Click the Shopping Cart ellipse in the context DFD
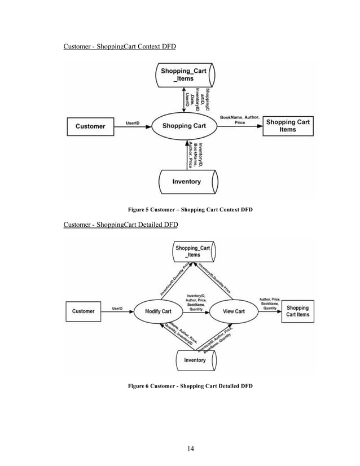[x=184, y=126]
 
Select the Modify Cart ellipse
[x=158, y=311]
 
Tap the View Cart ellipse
[x=233, y=311]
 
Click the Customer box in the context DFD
[x=90, y=126]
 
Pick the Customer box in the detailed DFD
[x=84, y=311]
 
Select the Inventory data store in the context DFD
[x=187, y=182]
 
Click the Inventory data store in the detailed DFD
[x=195, y=360]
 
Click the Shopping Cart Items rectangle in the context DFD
[x=287, y=126]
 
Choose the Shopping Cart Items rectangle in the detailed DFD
[x=297, y=311]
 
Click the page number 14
[x=190, y=448]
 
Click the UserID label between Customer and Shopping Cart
[x=133, y=122]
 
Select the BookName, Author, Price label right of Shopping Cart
[x=239, y=119]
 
